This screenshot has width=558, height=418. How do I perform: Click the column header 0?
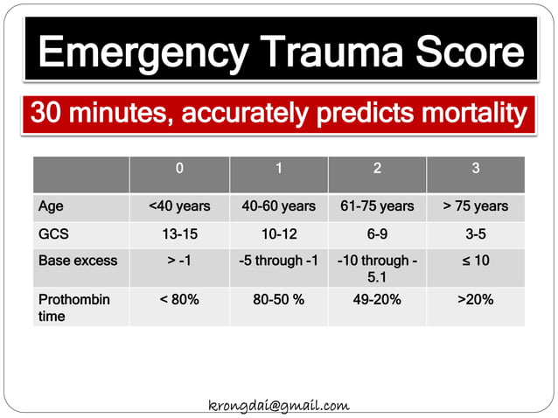click(179, 169)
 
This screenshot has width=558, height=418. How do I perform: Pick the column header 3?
click(476, 169)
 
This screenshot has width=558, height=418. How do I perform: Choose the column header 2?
click(377, 169)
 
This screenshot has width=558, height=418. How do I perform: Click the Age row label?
click(51, 206)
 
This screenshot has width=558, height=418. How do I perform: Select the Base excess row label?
click(77, 261)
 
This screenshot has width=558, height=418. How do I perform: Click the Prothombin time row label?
click(73, 307)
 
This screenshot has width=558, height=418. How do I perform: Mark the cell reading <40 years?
click(179, 206)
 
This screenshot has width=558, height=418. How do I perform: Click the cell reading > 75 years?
click(476, 206)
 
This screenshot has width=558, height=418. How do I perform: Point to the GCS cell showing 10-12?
click(278, 233)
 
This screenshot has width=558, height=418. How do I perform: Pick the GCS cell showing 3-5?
click(476, 233)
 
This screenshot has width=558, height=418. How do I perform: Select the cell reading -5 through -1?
click(278, 261)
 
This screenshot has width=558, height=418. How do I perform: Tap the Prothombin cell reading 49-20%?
click(377, 299)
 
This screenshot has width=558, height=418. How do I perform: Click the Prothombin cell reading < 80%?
click(179, 299)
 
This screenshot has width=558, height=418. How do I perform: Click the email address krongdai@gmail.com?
click(279, 405)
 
